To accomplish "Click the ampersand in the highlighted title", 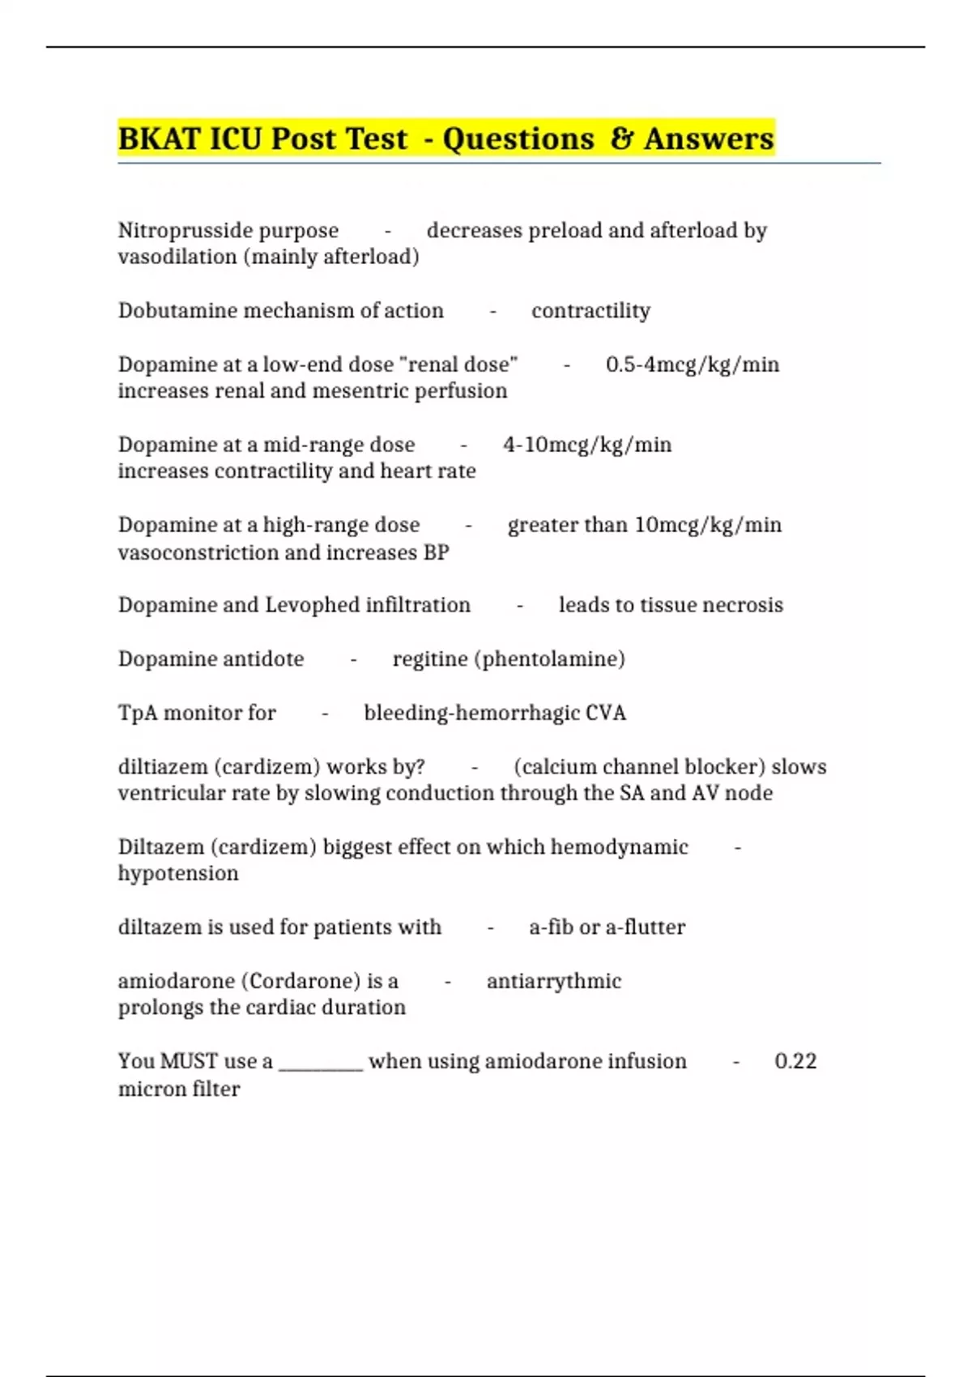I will pyautogui.click(x=621, y=139).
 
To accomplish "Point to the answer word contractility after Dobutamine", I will pyautogui.click(x=590, y=311).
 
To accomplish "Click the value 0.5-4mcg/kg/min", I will pyautogui.click(x=693, y=364).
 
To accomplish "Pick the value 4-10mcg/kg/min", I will pyautogui.click(x=587, y=445).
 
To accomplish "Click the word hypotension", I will pyautogui.click(x=178, y=873).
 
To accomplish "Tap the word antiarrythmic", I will pyautogui.click(x=554, y=981).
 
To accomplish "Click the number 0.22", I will pyautogui.click(x=795, y=1061).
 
